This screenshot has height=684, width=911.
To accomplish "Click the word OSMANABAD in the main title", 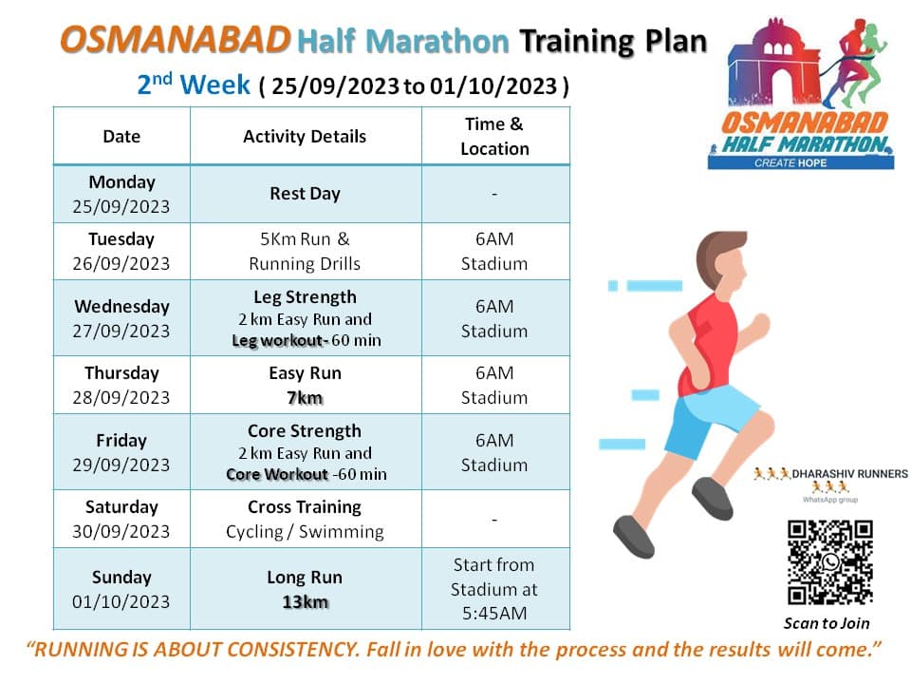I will click(175, 40).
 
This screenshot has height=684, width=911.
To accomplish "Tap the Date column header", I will click(121, 137).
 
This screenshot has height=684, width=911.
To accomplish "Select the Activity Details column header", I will click(305, 137).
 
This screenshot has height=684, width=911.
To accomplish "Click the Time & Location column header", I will click(494, 136).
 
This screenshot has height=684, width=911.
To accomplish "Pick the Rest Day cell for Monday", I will click(305, 194).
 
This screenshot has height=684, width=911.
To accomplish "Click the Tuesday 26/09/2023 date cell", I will click(121, 252).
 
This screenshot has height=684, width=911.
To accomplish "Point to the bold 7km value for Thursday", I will click(305, 398).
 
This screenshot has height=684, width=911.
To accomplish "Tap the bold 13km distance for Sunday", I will click(305, 601).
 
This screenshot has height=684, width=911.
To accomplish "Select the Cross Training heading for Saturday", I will click(305, 507).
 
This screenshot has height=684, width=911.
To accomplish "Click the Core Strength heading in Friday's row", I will click(305, 431).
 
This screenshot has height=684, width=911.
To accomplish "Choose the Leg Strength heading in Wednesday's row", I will click(305, 296).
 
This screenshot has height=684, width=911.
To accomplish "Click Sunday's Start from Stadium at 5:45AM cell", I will click(494, 589).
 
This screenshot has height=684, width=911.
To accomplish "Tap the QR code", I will click(830, 561).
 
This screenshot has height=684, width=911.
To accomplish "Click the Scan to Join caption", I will click(827, 623).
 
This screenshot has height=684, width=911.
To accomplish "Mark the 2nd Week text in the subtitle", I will click(195, 85).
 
